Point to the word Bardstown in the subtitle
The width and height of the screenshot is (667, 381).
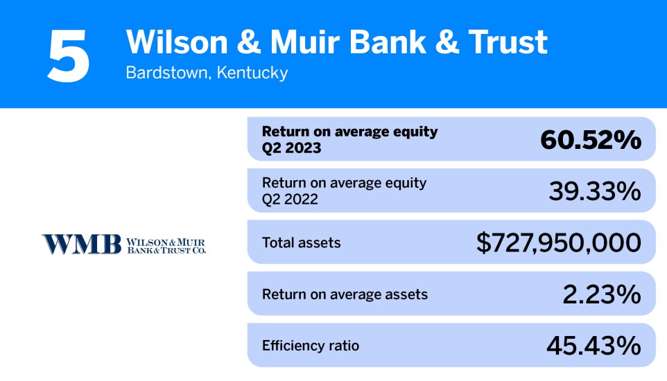(x=166, y=73)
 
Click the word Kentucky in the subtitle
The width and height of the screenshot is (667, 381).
(x=252, y=73)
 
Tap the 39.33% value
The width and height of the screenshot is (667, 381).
(x=594, y=191)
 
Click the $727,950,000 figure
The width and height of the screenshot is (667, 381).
(x=558, y=242)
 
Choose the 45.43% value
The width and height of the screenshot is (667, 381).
(x=594, y=345)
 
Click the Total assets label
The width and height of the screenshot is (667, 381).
(x=302, y=243)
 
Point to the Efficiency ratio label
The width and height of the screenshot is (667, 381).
(x=311, y=345)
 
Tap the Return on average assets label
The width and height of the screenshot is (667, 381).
(x=345, y=294)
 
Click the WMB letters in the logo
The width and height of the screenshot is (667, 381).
(x=81, y=244)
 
